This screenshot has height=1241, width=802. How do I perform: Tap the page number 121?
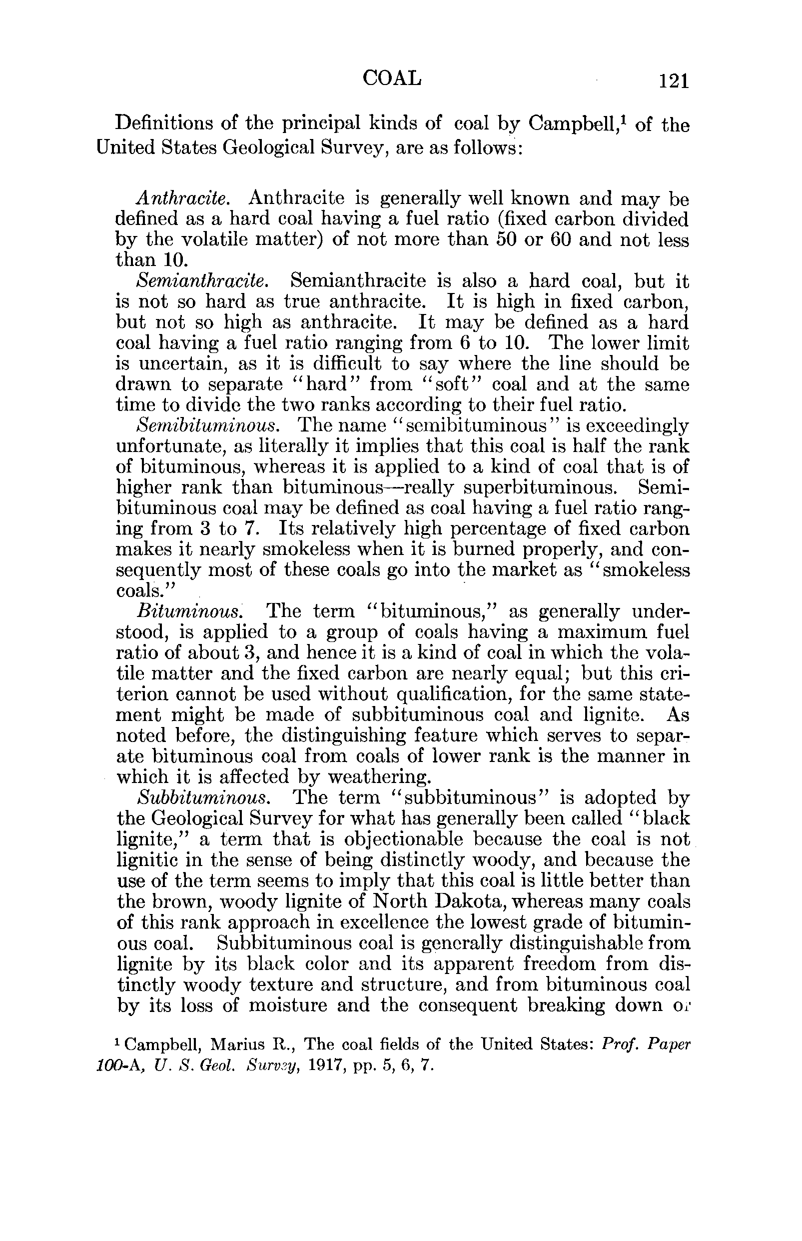click(674, 81)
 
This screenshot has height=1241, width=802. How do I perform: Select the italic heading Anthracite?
click(183, 198)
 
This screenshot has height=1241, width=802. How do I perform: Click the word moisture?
click(288, 1005)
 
